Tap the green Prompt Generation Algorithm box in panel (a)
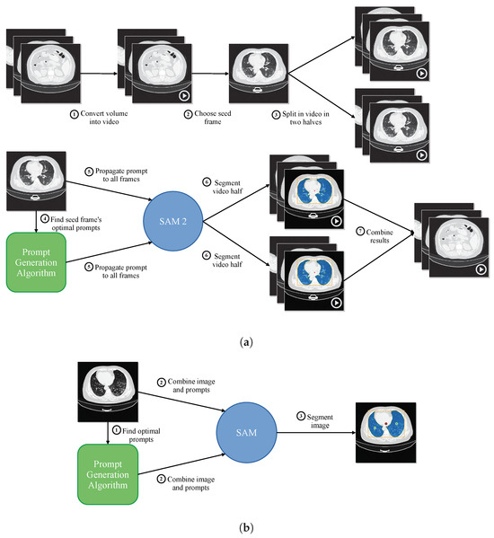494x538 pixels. tap(37, 264)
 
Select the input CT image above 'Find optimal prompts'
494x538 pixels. tap(109, 391)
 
